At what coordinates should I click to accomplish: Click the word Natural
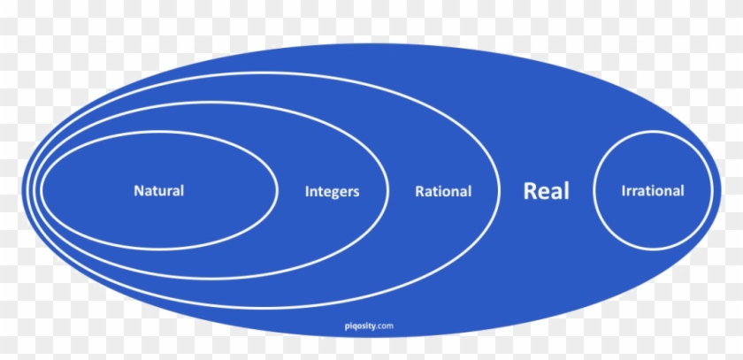158,190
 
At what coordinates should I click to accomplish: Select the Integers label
332,191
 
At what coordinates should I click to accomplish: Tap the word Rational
442,191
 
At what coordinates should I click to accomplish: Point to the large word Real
547,190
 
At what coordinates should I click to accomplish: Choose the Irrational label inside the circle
653,190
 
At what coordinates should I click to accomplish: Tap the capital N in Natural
138,190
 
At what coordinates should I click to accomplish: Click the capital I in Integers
307,190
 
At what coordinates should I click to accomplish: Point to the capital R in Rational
419,190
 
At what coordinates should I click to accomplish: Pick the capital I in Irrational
624,190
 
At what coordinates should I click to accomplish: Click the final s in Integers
356,191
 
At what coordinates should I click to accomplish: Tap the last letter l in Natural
182,190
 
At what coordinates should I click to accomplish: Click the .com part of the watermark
387,326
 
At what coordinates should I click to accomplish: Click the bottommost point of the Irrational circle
653,250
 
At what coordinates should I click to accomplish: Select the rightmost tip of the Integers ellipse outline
386,190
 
